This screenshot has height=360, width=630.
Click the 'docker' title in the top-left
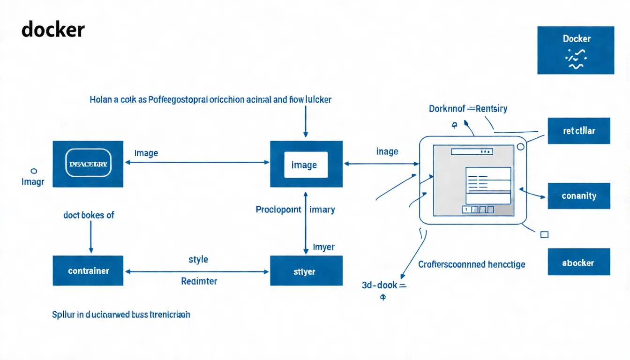(53, 30)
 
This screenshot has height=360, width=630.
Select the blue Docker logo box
(575, 50)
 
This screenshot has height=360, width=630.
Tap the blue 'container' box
(88, 270)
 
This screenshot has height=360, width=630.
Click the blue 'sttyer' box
(306, 271)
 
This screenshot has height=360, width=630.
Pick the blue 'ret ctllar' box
(579, 130)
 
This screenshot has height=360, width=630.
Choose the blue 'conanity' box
(579, 195)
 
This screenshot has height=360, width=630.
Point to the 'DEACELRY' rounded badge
(88, 164)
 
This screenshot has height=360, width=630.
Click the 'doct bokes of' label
(89, 215)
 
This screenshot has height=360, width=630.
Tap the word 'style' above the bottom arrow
(198, 259)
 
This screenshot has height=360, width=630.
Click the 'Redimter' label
(199, 281)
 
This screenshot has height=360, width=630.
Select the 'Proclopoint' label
(278, 210)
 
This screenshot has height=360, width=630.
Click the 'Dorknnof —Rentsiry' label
(468, 109)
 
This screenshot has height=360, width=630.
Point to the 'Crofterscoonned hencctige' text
(472, 264)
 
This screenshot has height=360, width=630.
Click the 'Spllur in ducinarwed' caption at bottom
(121, 315)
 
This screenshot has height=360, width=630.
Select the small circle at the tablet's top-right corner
(520, 147)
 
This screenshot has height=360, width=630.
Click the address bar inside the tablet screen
(472, 152)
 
